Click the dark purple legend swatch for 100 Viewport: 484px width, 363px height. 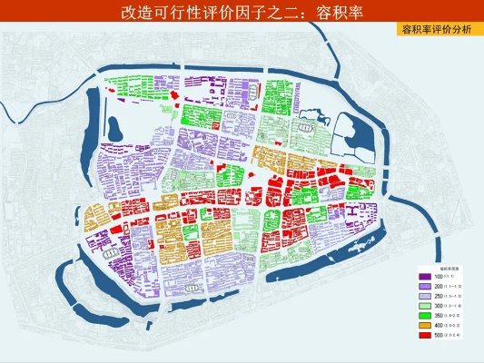(425, 276)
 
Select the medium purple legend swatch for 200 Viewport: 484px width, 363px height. (425, 286)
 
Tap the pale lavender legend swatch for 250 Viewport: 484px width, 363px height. (425, 296)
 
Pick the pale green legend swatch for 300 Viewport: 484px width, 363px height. (425, 306)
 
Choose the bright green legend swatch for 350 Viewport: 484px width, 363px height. (425, 316)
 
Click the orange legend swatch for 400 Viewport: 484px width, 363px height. (425, 326)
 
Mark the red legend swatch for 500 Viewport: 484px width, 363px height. (425, 336)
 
